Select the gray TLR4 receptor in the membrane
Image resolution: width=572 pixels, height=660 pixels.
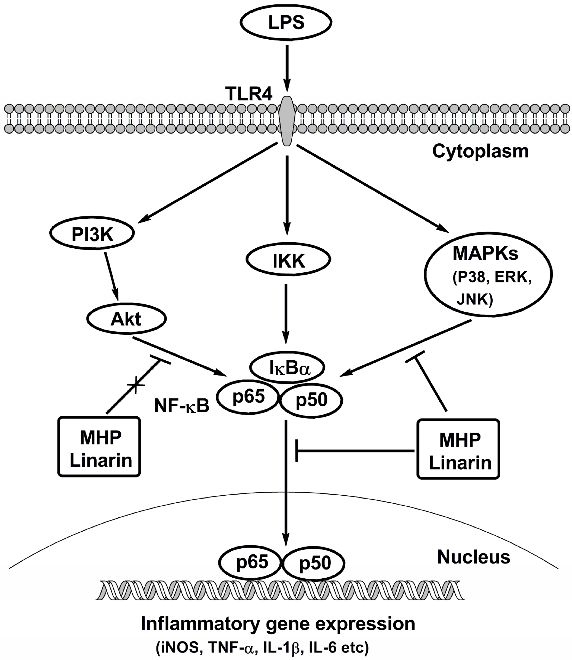point(287,122)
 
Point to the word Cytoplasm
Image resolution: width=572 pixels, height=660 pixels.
point(480,151)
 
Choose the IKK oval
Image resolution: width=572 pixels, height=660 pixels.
point(288,261)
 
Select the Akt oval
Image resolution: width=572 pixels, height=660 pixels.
point(126,319)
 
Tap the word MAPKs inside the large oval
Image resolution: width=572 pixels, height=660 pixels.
point(485,253)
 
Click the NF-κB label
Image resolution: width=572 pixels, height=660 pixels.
point(182,406)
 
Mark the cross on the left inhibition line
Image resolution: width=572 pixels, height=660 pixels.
point(136,384)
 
